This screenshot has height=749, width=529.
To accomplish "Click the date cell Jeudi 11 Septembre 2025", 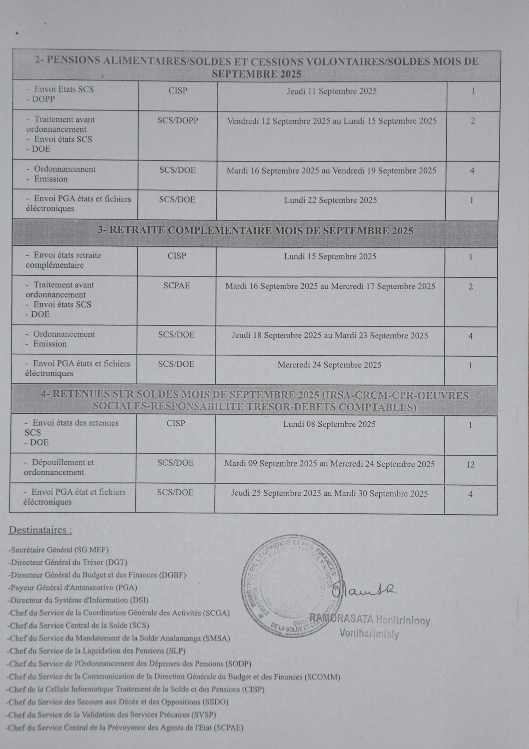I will [331, 91].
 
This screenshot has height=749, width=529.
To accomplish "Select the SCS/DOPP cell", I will [178, 121].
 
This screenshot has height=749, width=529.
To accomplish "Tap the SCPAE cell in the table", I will [176, 286].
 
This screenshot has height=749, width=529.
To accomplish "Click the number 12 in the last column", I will [470, 465].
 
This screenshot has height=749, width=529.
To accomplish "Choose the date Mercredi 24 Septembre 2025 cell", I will [329, 365].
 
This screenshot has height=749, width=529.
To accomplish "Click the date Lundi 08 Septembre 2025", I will [329, 424].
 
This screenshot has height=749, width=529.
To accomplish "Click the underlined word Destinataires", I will [40, 530].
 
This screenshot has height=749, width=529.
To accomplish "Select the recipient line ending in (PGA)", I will [72, 587].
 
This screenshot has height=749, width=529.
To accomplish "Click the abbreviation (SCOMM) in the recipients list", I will [322, 677].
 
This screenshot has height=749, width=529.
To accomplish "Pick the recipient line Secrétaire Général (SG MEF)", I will [59, 550].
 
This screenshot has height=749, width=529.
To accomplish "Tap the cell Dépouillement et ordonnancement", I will [59, 467].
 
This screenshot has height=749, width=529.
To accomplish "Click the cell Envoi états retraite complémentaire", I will [63, 260].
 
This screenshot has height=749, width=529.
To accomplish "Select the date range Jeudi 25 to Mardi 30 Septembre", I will [329, 494].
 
